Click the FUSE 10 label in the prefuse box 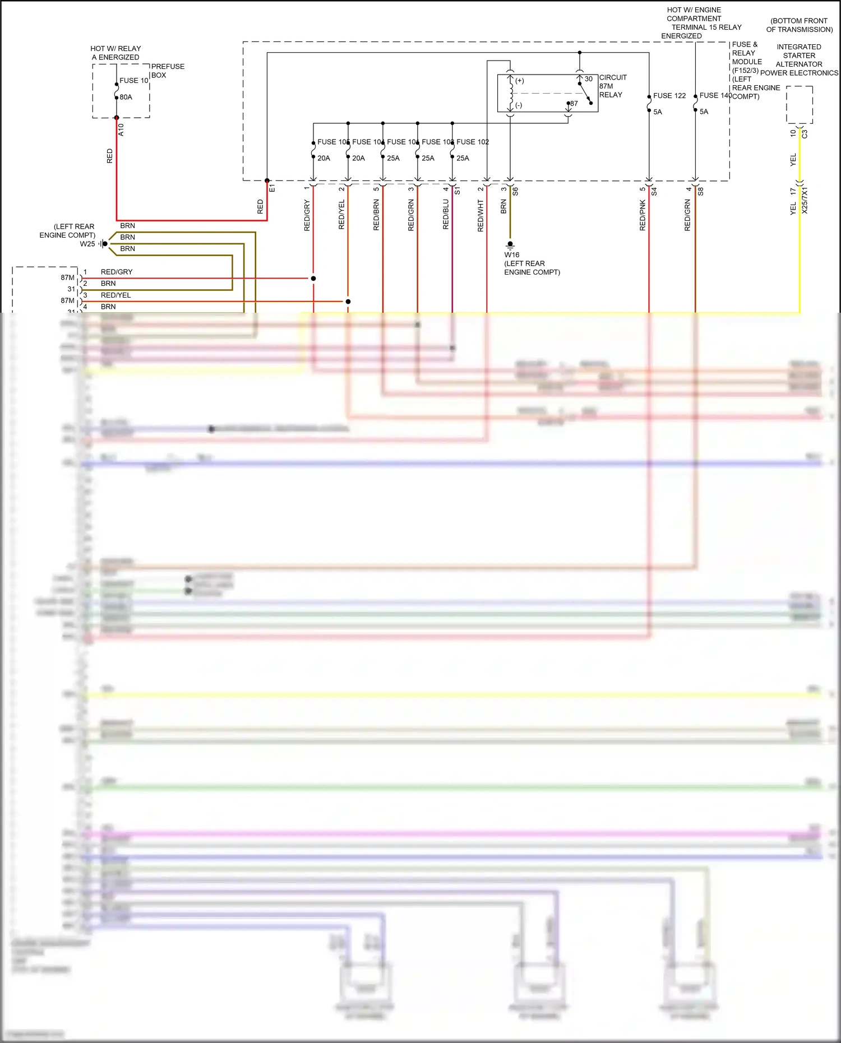pyautogui.click(x=133, y=81)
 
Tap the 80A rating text pyautogui.click(x=126, y=98)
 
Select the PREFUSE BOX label pyautogui.click(x=167, y=71)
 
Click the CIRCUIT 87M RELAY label pyautogui.click(x=612, y=86)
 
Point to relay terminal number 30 pyautogui.click(x=588, y=79)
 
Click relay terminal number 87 pyautogui.click(x=574, y=104)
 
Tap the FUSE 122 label pyautogui.click(x=669, y=96)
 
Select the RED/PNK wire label pyautogui.click(x=643, y=216)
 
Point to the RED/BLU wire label pyautogui.click(x=446, y=215)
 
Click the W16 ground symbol pyautogui.click(x=510, y=245)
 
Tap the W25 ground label pyautogui.click(x=87, y=244)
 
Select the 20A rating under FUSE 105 pyautogui.click(x=324, y=159)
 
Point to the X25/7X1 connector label pyautogui.click(x=805, y=201)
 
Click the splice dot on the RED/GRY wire pyautogui.click(x=313, y=279)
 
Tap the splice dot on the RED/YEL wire pyautogui.click(x=348, y=302)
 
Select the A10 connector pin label pyautogui.click(x=121, y=130)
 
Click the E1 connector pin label pyautogui.click(x=272, y=188)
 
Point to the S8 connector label pyautogui.click(x=700, y=191)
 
